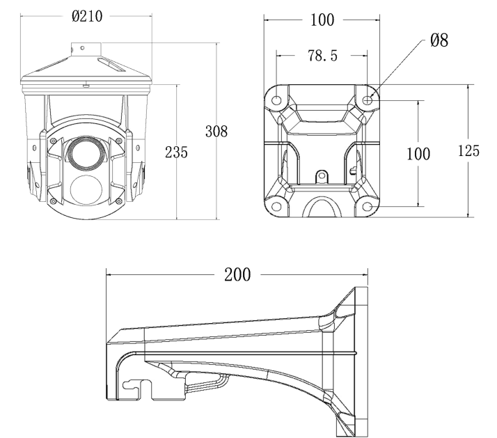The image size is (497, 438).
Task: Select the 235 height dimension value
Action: click(x=176, y=152)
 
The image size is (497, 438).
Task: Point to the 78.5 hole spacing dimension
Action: click(x=322, y=56)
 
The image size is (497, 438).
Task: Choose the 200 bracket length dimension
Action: click(x=237, y=274)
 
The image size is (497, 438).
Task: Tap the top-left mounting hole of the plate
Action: click(x=277, y=100)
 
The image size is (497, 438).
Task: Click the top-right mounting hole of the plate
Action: click(x=369, y=100)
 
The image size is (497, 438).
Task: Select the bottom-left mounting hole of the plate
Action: click(x=277, y=205)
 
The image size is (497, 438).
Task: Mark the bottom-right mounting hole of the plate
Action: click(x=369, y=205)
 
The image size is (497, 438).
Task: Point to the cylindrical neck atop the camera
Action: click(x=84, y=49)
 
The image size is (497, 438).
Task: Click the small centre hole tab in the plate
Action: click(x=322, y=176)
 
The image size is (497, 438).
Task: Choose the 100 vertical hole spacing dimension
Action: click(x=417, y=153)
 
